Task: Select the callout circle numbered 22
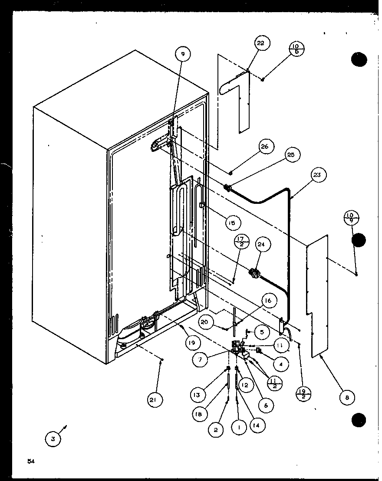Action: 260,43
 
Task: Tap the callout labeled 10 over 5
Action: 295,49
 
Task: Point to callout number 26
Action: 265,147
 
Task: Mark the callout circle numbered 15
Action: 233,223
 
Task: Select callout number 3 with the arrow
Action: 53,438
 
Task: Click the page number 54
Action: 30,461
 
